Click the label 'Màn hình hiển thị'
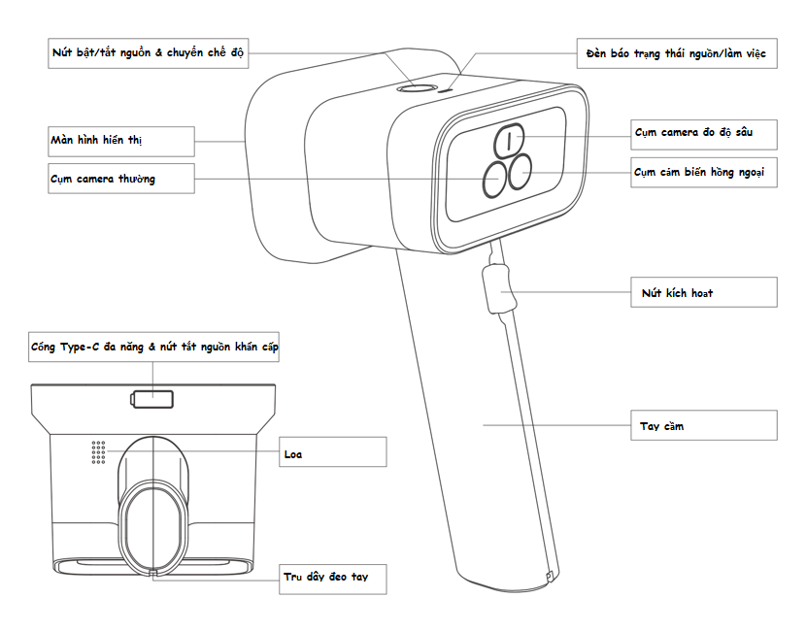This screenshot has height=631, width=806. coord(120,141)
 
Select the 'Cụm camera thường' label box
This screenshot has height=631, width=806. coord(120,179)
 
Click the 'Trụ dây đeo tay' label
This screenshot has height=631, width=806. coord(333,578)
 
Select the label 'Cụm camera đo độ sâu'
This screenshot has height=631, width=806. coord(704,132)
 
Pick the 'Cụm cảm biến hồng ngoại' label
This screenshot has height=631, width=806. coord(704,173)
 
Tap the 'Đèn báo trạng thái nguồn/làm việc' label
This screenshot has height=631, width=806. coord(676,53)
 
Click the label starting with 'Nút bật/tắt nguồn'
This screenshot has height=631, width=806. coord(148,53)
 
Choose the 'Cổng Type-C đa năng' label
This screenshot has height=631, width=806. coord(154,348)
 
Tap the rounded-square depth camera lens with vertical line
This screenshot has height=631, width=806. coord(510,140)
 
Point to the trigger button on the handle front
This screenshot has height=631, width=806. coord(497,289)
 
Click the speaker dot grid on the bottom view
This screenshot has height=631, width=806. coord(97,450)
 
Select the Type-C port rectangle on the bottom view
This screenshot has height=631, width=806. coord(152,398)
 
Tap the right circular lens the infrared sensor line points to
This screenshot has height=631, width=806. coord(521,171)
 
